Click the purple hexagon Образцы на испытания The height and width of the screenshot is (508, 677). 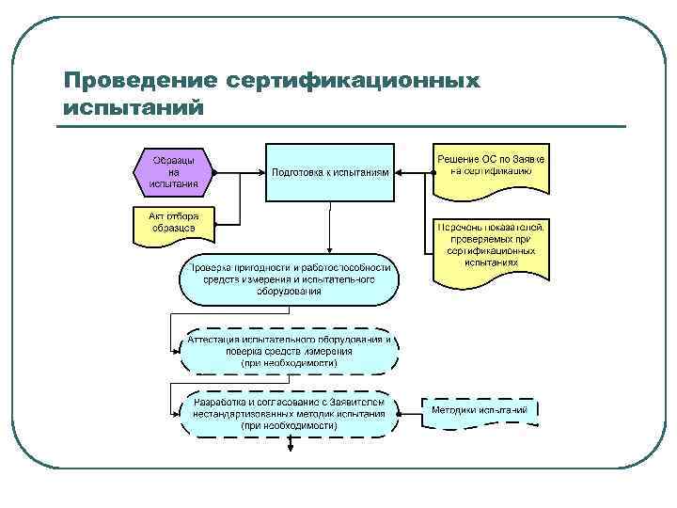174,172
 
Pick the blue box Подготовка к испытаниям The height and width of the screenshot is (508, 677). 329,172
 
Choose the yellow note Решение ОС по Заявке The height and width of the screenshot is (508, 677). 492,167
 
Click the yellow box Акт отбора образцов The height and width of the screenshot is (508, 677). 173,223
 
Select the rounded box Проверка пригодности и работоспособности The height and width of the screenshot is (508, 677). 290,279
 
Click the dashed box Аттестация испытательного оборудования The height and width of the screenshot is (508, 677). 290,349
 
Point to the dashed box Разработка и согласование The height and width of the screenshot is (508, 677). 290,412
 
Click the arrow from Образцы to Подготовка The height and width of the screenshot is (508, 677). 240,173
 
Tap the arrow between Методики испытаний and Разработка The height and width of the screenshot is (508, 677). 410,412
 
